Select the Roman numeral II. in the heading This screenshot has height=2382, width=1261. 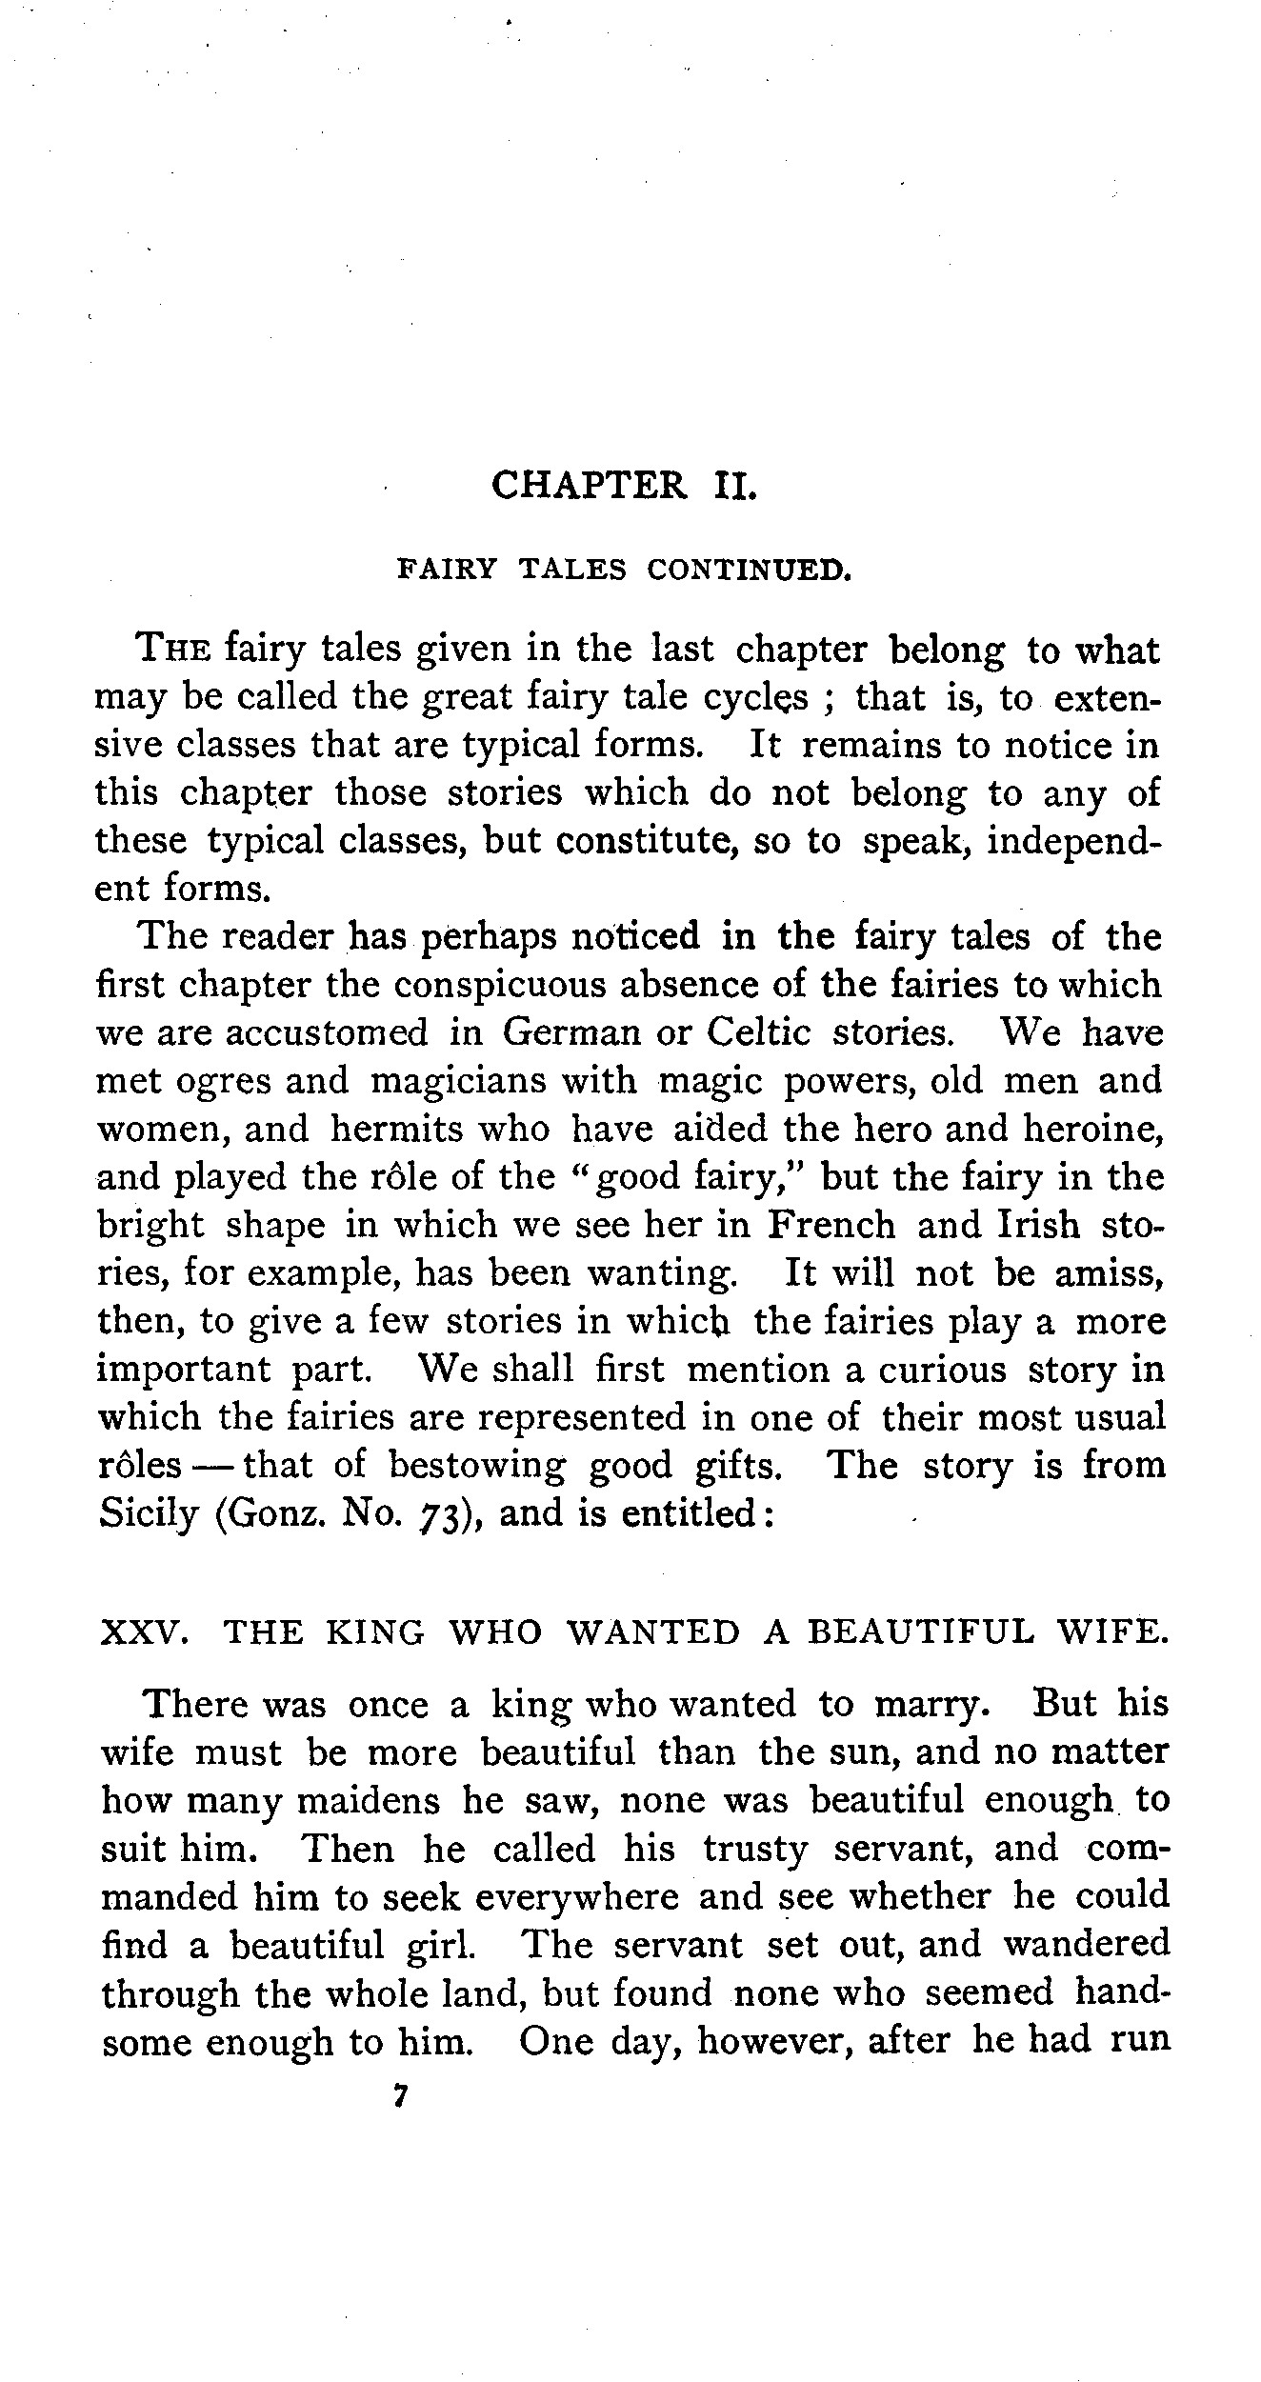735,486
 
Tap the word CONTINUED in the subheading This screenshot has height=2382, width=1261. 748,570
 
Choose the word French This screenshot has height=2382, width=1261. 831,1225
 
